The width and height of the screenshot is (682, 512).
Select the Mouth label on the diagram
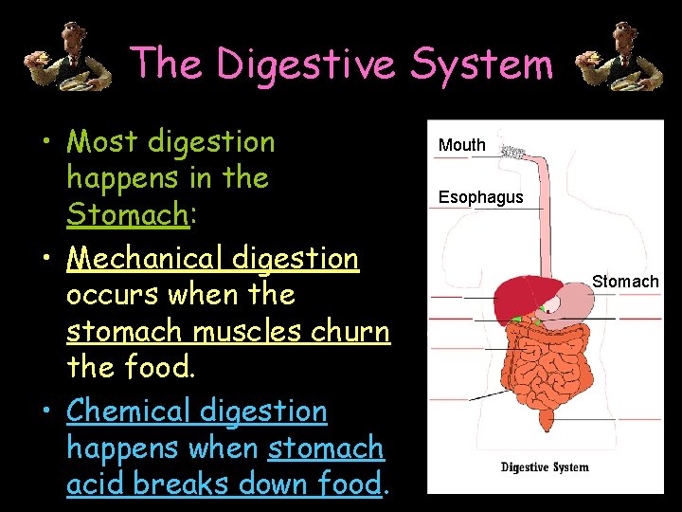[462, 145]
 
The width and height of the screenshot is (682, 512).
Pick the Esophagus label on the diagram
[480, 197]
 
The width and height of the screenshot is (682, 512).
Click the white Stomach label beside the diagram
[625, 281]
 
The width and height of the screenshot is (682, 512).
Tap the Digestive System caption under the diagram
[545, 466]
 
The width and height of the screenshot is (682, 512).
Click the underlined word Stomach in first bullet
[128, 214]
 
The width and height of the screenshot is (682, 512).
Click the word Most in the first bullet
[100, 142]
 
